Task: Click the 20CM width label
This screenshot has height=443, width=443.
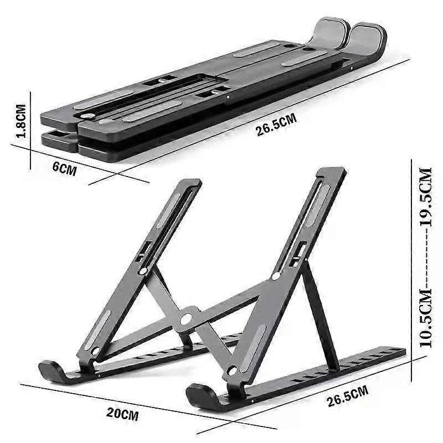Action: tap(123, 413)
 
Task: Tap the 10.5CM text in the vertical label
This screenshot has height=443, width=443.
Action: tap(425, 316)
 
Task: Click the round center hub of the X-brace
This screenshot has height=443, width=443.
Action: tap(187, 318)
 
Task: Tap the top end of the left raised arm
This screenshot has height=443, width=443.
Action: tap(189, 183)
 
